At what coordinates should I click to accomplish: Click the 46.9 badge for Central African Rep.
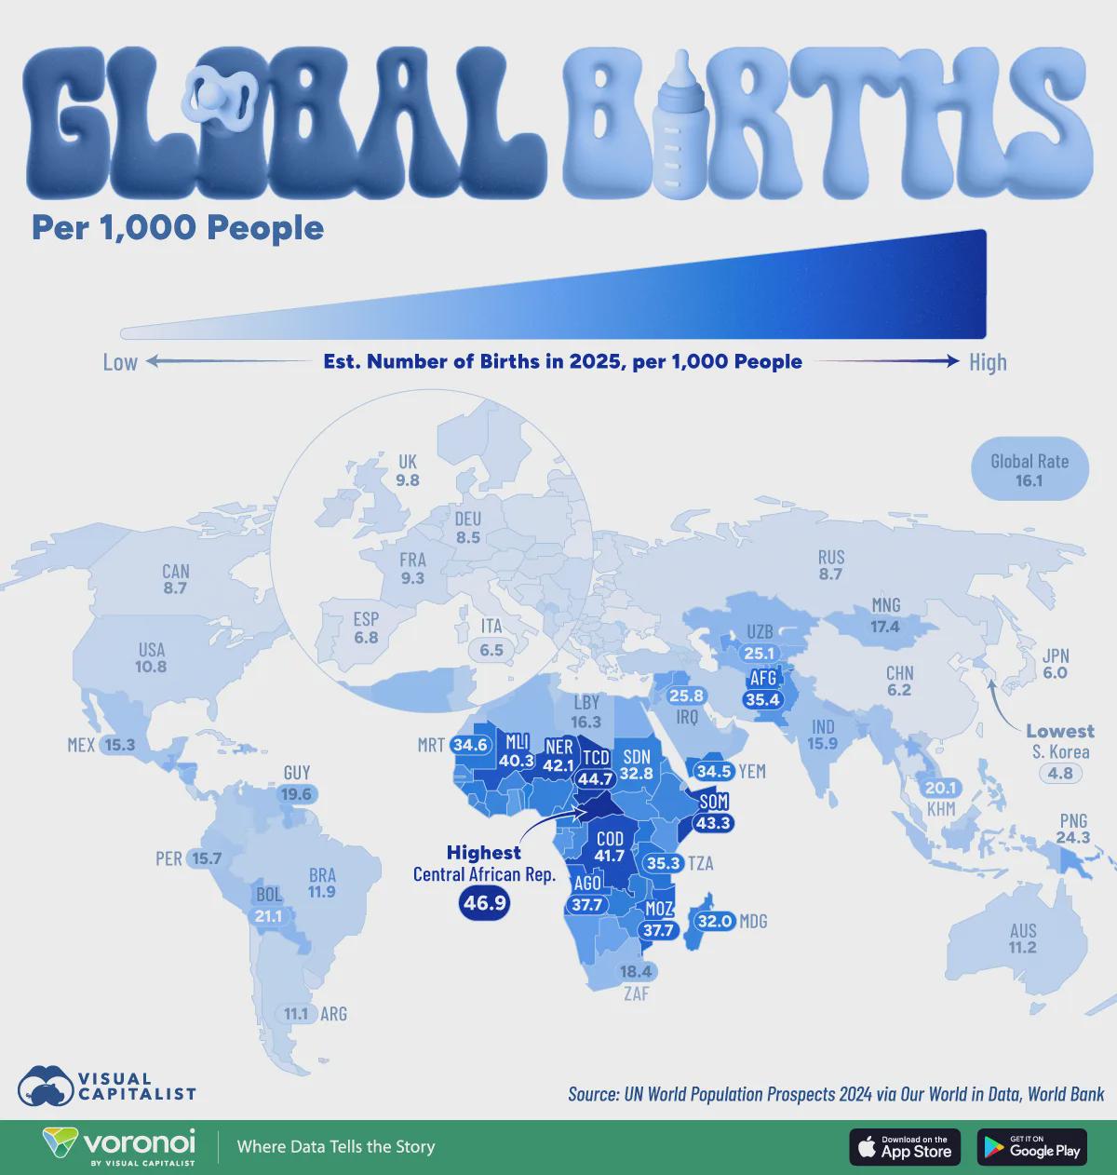click(484, 902)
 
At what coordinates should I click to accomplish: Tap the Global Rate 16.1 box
click(1029, 469)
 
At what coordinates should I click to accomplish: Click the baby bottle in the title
click(685, 125)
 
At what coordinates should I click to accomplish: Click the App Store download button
click(904, 1146)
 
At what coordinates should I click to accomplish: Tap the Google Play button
click(1031, 1146)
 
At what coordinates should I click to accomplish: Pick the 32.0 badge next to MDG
click(716, 921)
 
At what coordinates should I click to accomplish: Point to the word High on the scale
click(987, 361)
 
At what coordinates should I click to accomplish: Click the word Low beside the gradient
click(119, 361)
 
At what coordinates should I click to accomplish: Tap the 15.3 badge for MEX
click(119, 745)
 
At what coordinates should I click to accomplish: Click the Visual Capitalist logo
click(105, 1084)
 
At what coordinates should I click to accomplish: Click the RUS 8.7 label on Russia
click(830, 566)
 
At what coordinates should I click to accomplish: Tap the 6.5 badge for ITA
click(491, 650)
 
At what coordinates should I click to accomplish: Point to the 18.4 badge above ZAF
click(638, 971)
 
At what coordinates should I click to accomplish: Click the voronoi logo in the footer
click(118, 1146)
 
